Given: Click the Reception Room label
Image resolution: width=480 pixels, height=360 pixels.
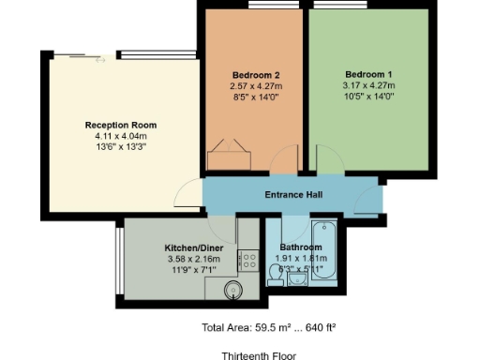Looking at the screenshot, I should click(x=121, y=125).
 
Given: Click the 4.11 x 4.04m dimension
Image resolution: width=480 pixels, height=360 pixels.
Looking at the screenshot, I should click(x=121, y=136).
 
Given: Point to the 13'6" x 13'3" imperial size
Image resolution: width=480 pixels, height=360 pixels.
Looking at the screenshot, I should click(x=121, y=147).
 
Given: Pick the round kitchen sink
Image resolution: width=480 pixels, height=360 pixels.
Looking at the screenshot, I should click(x=233, y=291).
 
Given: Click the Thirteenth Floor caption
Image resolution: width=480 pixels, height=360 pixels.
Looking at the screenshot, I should click(x=259, y=356).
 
